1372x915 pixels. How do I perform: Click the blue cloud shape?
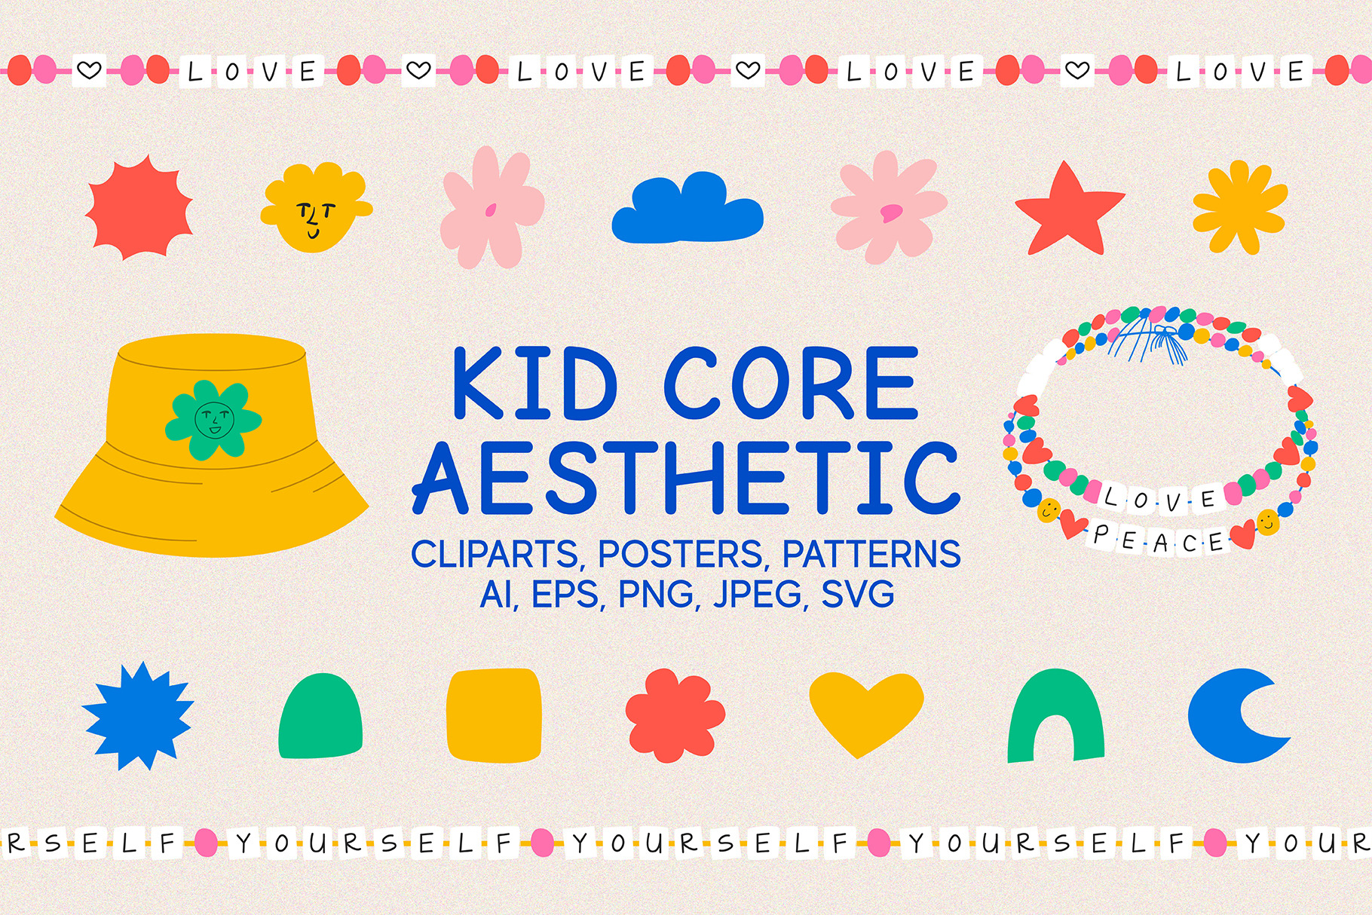[x=688, y=209]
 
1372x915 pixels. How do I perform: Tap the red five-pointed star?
[x=1069, y=210]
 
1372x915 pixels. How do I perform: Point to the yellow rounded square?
[x=494, y=715]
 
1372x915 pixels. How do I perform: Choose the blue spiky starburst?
[x=138, y=715]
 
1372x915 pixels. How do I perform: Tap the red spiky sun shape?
[x=139, y=207]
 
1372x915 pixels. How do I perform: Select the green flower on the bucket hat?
[x=213, y=420]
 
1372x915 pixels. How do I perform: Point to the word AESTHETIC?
[x=687, y=476]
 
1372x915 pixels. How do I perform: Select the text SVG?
[x=857, y=594]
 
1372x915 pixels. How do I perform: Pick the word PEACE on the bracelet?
[x=1159, y=540]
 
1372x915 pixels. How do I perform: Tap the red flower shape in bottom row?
[x=675, y=715]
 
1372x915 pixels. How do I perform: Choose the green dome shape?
[x=320, y=716]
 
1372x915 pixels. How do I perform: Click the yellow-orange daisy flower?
[x=1239, y=206]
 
